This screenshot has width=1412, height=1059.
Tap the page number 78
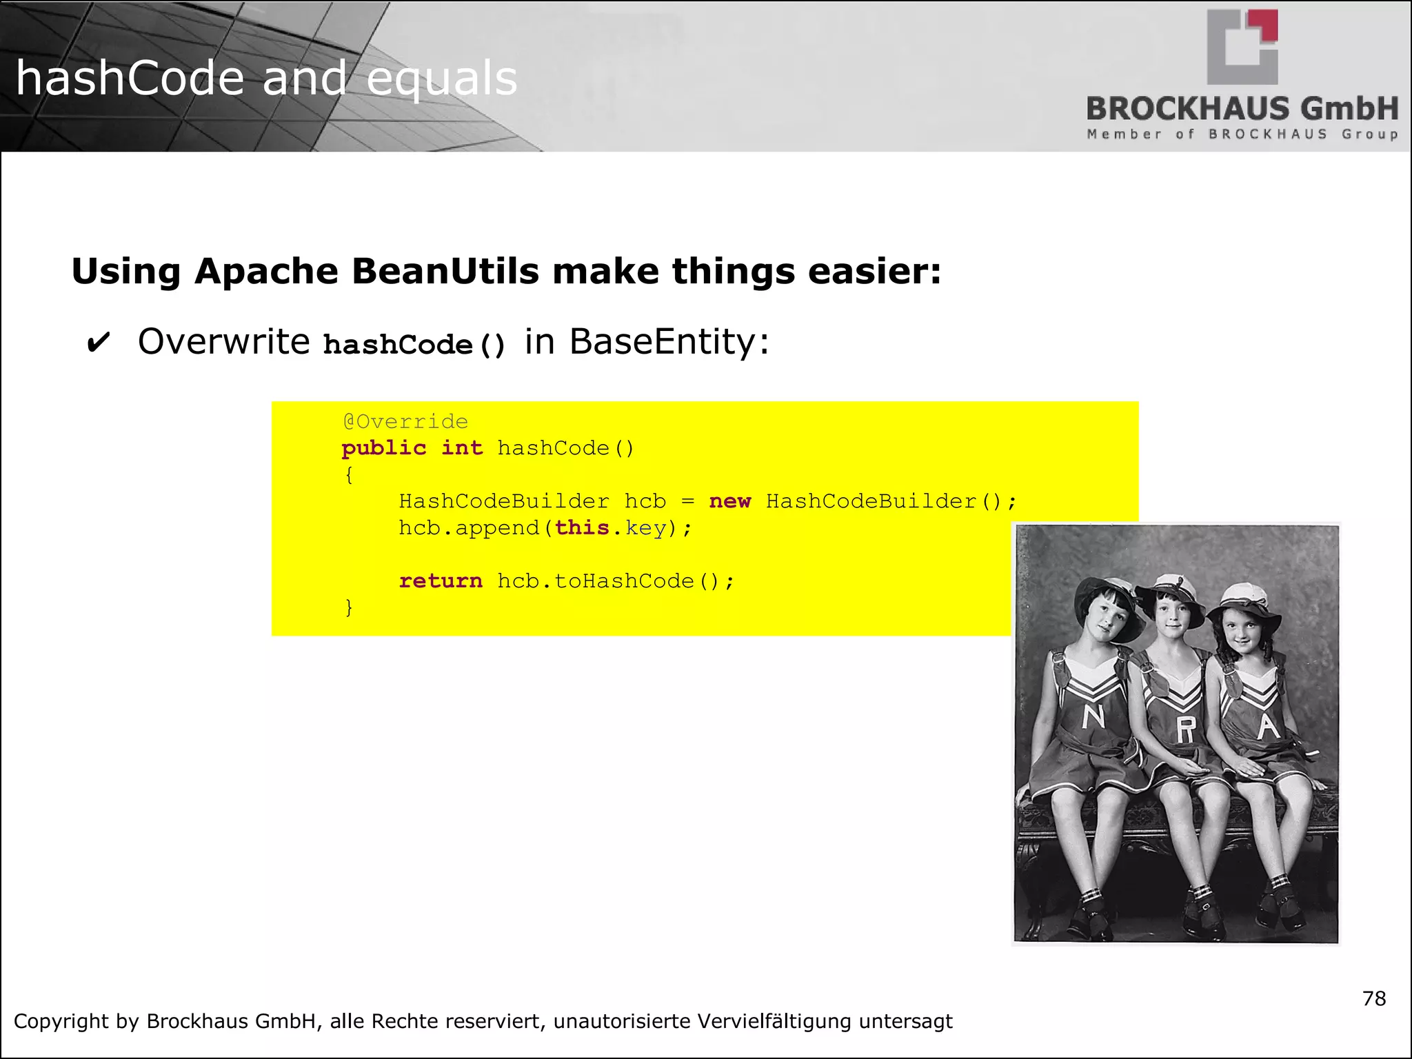[1374, 998]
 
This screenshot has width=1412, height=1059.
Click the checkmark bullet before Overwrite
[98, 343]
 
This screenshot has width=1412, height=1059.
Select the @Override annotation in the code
[405, 421]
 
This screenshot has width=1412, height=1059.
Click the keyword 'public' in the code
[384, 448]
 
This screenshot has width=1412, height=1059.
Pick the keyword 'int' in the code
[461, 448]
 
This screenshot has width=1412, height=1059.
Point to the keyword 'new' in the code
[729, 501]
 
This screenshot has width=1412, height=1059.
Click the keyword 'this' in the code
[582, 528]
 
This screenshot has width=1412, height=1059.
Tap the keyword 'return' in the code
[441, 581]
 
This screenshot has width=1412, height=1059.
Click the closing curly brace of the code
[349, 607]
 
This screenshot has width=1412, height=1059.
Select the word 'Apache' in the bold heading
[266, 271]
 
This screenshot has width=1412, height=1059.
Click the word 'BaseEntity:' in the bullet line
[669, 342]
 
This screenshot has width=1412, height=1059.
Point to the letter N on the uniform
[1093, 718]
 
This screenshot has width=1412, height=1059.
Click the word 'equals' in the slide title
[441, 79]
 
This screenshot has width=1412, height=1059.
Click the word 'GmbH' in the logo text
[1349, 109]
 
